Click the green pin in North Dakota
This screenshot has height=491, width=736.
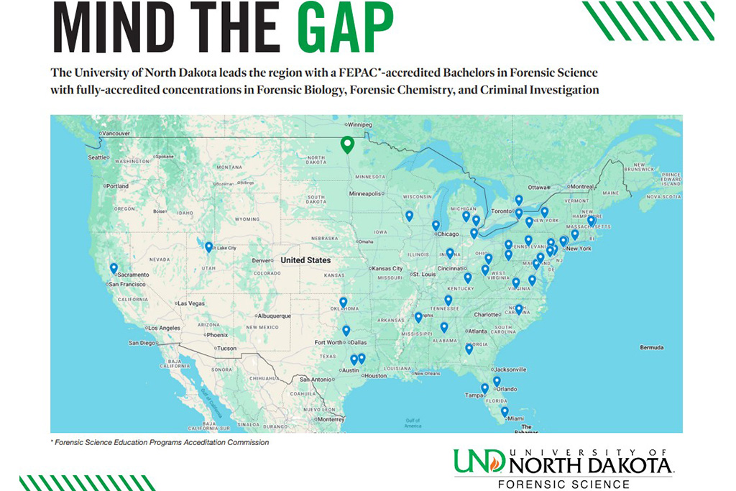click(x=347, y=145)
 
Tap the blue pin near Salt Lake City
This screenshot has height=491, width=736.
click(x=208, y=247)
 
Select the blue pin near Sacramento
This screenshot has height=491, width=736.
click(x=114, y=269)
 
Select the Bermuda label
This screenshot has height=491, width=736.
click(x=652, y=348)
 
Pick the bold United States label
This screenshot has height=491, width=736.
click(x=305, y=260)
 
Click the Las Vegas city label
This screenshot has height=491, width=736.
click(x=191, y=303)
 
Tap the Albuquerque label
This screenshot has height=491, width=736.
click(x=274, y=316)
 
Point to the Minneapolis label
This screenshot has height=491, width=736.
click(x=368, y=193)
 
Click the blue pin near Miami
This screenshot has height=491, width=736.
click(x=505, y=412)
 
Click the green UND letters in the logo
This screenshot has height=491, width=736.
click(x=479, y=462)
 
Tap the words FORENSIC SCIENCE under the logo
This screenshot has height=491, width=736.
click(x=563, y=484)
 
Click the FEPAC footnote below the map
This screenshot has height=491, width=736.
click(x=161, y=443)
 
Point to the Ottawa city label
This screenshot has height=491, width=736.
click(x=538, y=188)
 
